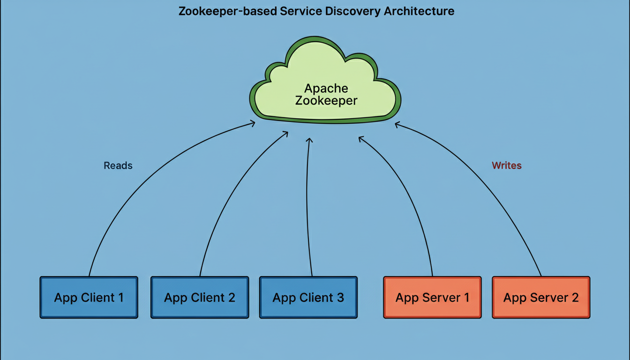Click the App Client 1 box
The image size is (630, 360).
coord(89,297)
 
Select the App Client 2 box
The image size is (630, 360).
coord(200,297)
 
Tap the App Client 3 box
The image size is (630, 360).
coord(308,297)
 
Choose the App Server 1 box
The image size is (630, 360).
coord(432,297)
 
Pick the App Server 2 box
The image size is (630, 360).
coord(541,297)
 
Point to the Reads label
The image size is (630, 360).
coord(118,165)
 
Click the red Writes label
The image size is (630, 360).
coord(507,165)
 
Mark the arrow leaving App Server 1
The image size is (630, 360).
coord(412,197)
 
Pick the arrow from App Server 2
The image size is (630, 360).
coord(492,187)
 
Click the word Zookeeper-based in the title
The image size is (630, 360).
coord(227,11)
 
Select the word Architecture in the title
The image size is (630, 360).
coord(419,11)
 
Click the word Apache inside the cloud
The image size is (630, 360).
coord(326,88)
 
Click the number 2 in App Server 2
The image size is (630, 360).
coord(574,297)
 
